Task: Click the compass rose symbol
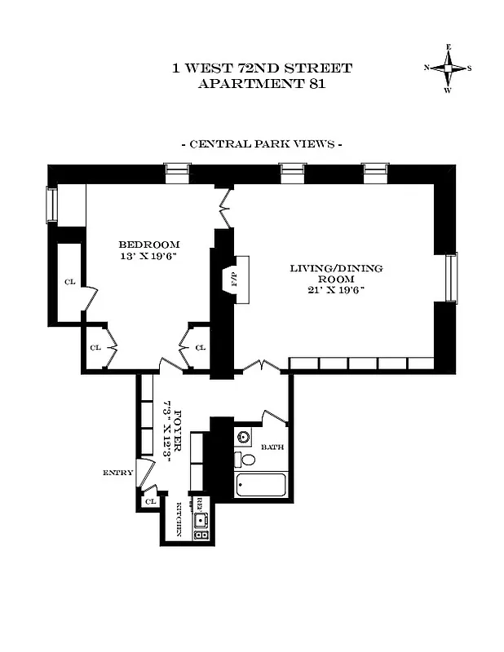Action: (x=447, y=68)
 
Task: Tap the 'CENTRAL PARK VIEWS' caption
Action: (x=261, y=144)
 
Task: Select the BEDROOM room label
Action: (x=149, y=244)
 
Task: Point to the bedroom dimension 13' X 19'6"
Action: (x=149, y=256)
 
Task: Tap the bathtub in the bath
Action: (x=261, y=487)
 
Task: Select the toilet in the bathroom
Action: (x=247, y=460)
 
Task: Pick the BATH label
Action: (x=271, y=447)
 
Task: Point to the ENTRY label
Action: (x=117, y=473)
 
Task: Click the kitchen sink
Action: (x=201, y=519)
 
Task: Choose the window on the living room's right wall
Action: (x=450, y=277)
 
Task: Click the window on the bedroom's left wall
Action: (x=52, y=205)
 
